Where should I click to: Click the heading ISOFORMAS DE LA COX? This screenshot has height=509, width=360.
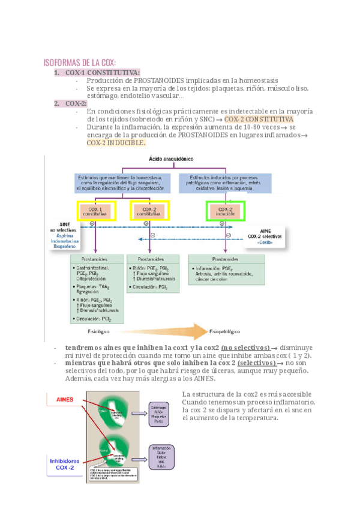[x=80, y=62]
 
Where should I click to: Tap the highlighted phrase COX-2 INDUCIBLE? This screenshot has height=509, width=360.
[x=116, y=143]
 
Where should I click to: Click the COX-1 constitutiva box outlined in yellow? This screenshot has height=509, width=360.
[x=93, y=211]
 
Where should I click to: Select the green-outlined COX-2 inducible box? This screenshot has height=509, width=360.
[x=225, y=211]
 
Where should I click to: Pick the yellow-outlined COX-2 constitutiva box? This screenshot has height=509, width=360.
[x=150, y=211]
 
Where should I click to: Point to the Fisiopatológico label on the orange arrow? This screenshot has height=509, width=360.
[x=224, y=330]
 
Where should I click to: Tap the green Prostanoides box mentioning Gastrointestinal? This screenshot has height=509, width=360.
[x=97, y=288]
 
